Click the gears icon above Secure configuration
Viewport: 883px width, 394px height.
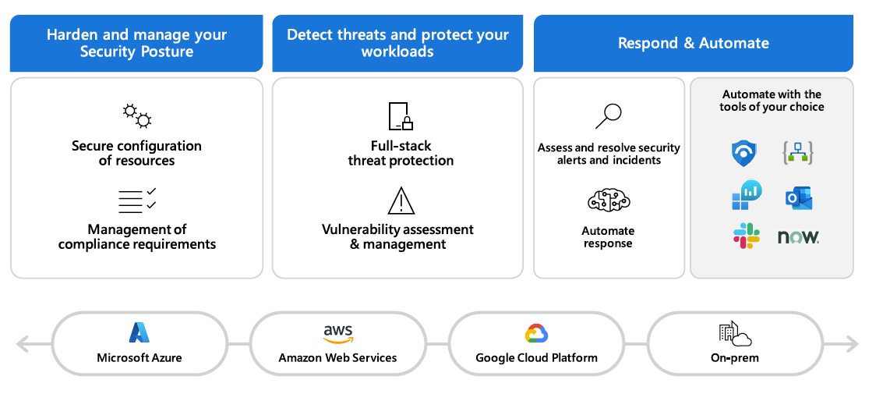[137, 115]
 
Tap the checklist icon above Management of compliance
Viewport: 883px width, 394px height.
[137, 201]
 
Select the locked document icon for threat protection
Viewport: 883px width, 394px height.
[400, 116]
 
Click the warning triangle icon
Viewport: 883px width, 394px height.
[401, 201]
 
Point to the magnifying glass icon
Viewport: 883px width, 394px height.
[608, 116]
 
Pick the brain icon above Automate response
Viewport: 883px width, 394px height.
[608, 201]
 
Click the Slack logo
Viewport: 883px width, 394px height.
[746, 236]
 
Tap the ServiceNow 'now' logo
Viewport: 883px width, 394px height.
[798, 236]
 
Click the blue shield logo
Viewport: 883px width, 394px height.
[745, 153]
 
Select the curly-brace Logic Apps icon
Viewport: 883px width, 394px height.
[798, 153]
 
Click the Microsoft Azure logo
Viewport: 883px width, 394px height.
[140, 333]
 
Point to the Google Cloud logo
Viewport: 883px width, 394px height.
[537, 334]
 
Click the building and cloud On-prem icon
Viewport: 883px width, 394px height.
[735, 334]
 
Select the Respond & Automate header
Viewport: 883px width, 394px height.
[693, 44]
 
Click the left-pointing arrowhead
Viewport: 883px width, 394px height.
[23, 343]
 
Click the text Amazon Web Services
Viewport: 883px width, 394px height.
[337, 358]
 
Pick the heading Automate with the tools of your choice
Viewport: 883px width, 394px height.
[772, 101]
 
